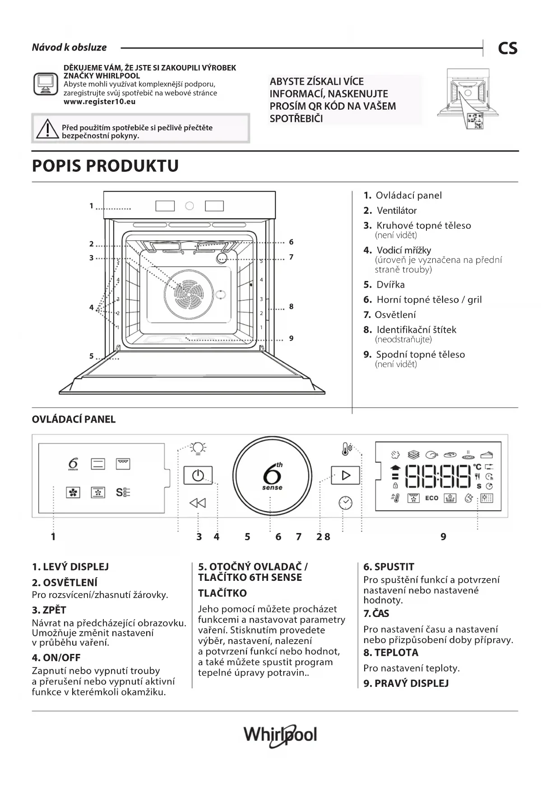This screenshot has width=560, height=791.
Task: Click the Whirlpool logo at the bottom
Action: [280, 736]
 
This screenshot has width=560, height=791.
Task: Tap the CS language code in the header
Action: [508, 48]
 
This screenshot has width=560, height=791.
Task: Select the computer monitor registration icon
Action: [46, 83]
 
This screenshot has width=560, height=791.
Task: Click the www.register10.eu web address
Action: [99, 101]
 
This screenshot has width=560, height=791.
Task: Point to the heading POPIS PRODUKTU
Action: [105, 166]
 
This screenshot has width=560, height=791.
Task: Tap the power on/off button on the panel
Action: [198, 475]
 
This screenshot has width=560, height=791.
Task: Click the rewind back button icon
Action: [197, 503]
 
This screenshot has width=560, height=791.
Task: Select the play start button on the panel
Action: [346, 475]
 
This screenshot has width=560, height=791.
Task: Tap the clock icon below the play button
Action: [345, 502]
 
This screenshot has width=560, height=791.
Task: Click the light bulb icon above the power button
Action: [198, 448]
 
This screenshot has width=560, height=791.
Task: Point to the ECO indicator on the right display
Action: [431, 498]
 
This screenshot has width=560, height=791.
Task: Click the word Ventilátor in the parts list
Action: [397, 211]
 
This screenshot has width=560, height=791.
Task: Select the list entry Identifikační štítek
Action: [416, 330]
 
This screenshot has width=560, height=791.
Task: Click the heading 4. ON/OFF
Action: [56, 658]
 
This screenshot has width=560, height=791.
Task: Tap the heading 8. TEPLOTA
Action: [391, 653]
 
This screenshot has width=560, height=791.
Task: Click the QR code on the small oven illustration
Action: [475, 121]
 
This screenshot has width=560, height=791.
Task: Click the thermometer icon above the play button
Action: [346, 449]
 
